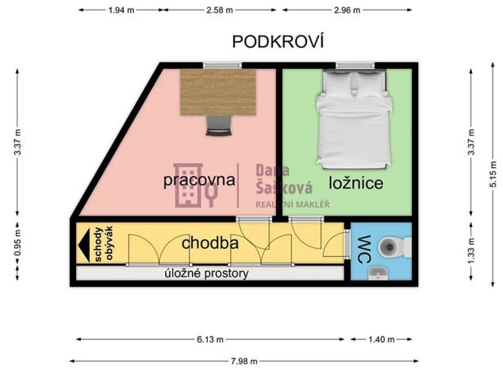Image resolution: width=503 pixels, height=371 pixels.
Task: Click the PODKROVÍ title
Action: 279,41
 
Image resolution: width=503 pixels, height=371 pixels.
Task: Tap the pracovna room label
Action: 199,179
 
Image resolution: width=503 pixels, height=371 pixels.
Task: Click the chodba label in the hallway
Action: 210,243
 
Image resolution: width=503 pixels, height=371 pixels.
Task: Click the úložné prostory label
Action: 206,273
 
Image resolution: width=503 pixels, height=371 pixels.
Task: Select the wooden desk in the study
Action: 219,91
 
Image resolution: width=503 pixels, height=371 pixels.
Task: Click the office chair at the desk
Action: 218,124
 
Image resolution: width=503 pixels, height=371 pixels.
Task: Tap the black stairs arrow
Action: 83,244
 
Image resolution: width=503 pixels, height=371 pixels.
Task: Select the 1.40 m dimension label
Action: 381,339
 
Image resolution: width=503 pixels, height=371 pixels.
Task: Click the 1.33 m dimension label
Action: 471,252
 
